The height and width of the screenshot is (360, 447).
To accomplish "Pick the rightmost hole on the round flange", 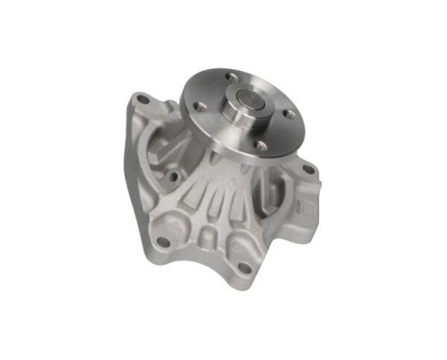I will (x=289, y=113).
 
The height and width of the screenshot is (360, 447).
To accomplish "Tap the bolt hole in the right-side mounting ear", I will (x=308, y=169).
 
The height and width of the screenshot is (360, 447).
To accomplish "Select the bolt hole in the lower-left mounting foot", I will (x=164, y=241).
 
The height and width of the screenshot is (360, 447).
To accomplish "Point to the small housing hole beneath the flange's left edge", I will (x=173, y=176).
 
